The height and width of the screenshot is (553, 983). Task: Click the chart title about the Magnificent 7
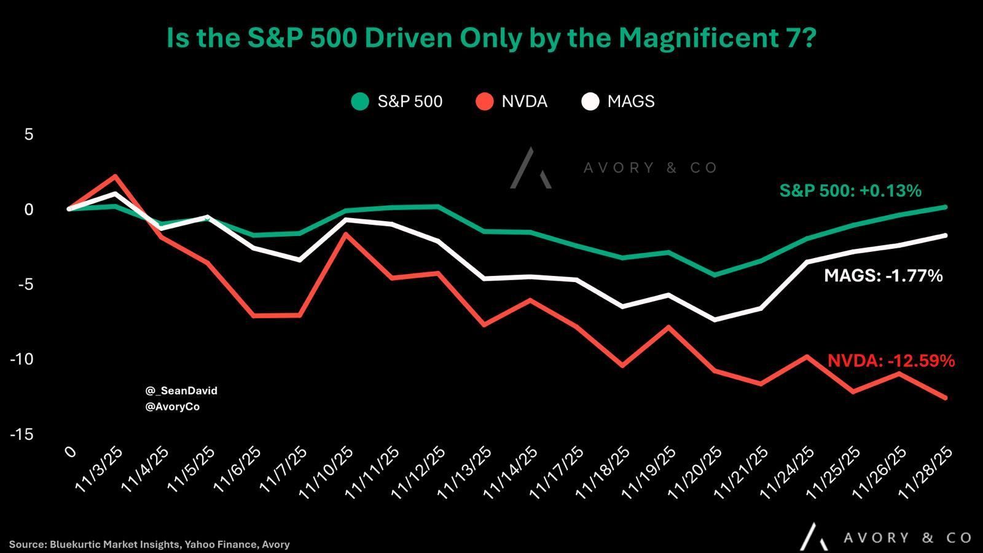click(491, 38)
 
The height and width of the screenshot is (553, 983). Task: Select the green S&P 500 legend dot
click(360, 101)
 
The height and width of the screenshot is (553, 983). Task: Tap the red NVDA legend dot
click(485, 101)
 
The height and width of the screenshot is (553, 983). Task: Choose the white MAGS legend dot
click(590, 101)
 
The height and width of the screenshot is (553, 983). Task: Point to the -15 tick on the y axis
click(21, 434)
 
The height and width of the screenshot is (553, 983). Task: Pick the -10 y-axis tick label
click(21, 359)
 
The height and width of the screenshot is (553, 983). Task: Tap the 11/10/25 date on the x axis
click(326, 471)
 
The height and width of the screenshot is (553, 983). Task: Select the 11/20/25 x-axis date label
click(695, 471)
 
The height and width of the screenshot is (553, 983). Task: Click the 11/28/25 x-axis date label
click(925, 471)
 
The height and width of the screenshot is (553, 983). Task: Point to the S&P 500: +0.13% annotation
click(850, 191)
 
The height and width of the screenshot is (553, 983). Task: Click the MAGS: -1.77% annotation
click(883, 276)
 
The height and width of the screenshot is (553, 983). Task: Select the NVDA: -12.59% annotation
click(891, 361)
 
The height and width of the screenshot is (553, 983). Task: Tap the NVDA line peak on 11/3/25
click(115, 176)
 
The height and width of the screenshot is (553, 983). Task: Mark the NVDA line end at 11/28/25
click(945, 398)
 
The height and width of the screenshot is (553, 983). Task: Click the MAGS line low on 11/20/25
click(715, 320)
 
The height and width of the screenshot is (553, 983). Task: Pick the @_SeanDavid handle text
click(181, 391)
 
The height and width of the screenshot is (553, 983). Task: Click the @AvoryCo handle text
click(173, 407)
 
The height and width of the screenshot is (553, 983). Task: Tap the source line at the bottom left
click(149, 544)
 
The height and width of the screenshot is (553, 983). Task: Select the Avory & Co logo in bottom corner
click(885, 537)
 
